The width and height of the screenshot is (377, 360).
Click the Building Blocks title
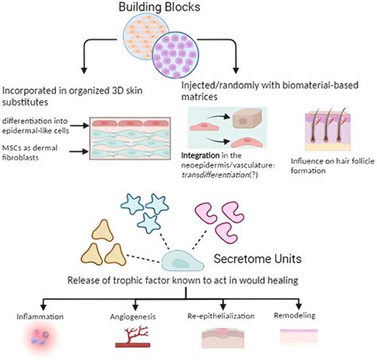click(x=188, y=10)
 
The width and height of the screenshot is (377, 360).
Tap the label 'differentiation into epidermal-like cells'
click(x=44, y=128)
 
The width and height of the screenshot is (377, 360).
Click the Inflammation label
click(x=37, y=316)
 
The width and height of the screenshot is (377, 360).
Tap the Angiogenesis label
click(x=130, y=316)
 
